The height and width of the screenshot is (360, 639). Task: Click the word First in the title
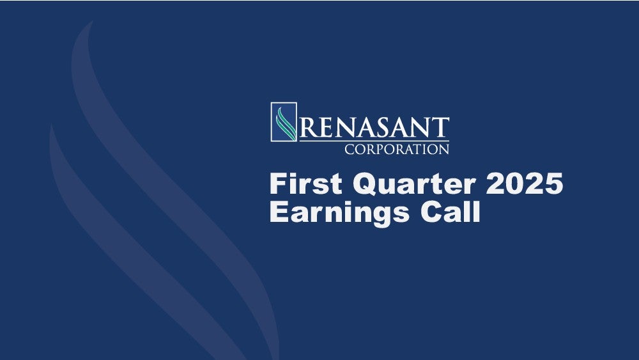[x=306, y=184]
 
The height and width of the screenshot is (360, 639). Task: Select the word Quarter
[x=414, y=184]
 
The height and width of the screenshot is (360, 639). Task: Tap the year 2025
[x=525, y=184]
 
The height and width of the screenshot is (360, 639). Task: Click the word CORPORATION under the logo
[x=397, y=149]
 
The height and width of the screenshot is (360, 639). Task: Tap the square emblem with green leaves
[x=284, y=122]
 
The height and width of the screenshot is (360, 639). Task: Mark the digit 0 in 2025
[x=514, y=184]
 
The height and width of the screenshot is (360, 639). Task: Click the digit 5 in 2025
[x=554, y=184]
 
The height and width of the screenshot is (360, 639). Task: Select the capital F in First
[x=279, y=184]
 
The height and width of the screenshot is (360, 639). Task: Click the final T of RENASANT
[x=440, y=128]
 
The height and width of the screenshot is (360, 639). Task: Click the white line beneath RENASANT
[x=374, y=141]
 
